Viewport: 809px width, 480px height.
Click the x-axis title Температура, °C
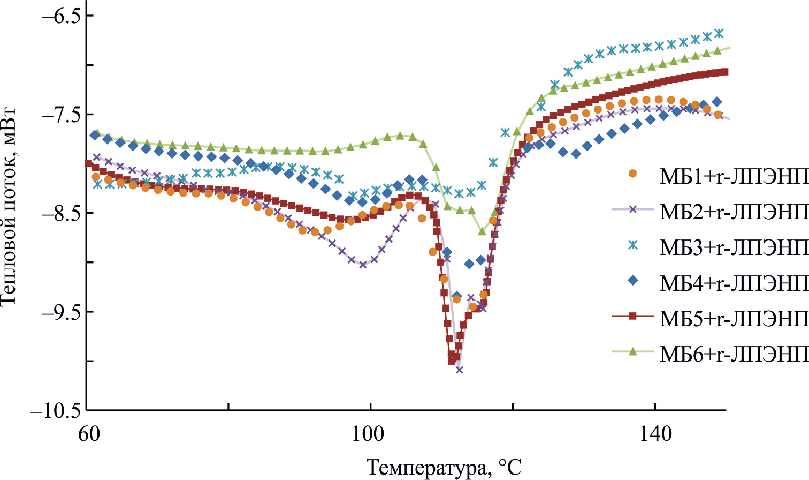444,467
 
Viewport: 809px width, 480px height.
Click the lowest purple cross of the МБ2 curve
459,370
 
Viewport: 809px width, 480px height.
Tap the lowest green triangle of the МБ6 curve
482,231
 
